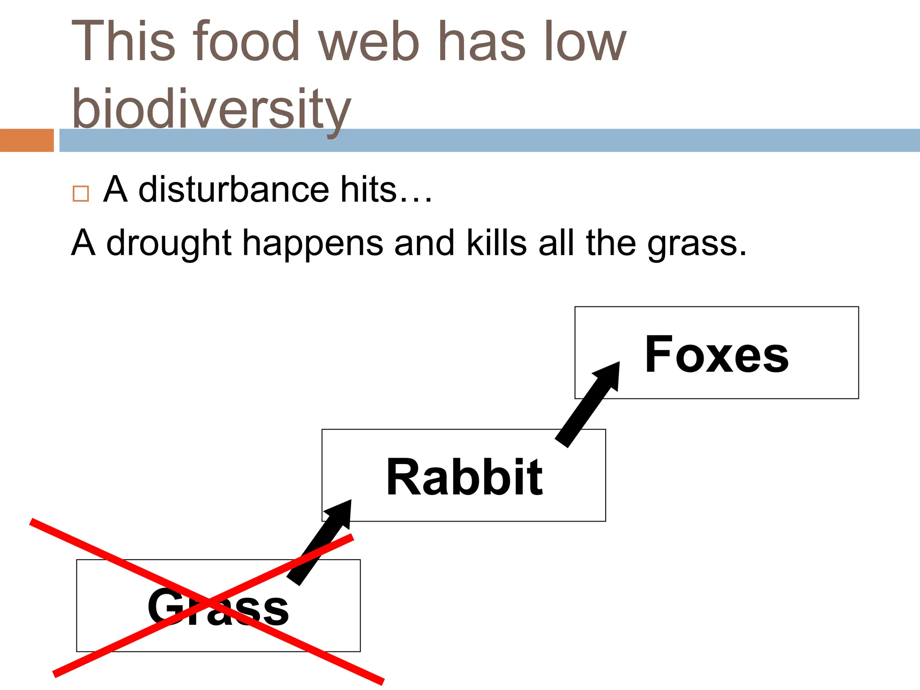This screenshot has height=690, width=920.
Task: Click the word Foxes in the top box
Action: (x=717, y=354)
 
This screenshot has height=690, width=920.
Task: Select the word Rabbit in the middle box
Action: (x=464, y=477)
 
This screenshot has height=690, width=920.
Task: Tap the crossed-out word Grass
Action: (x=218, y=607)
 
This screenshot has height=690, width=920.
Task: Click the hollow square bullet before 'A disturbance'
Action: (x=81, y=194)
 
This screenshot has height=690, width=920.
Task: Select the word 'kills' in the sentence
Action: (x=496, y=243)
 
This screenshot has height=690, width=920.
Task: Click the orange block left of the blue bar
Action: (x=27, y=140)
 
